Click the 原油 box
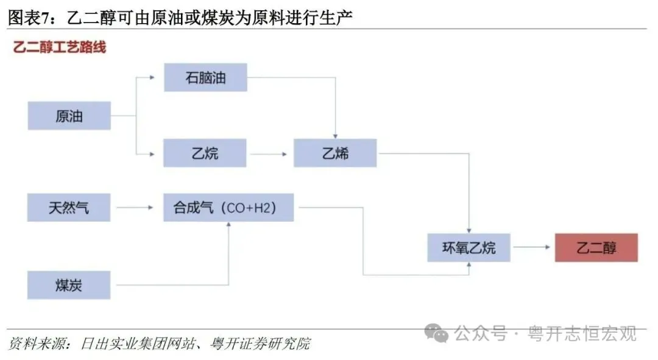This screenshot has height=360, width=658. click(x=69, y=116)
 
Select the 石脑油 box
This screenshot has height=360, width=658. click(x=205, y=77)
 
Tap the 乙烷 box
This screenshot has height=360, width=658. click(x=205, y=153)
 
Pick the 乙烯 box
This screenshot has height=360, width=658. click(x=335, y=153)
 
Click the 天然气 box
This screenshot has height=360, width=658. click(x=69, y=208)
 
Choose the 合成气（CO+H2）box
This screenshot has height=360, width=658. click(x=228, y=208)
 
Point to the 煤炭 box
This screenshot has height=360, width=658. click(x=69, y=285)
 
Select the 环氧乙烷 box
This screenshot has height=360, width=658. click(x=469, y=247)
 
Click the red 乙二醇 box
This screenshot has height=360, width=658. click(x=596, y=247)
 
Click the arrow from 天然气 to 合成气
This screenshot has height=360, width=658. click(x=135, y=208)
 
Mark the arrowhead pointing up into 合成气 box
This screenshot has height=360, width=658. click(x=228, y=225)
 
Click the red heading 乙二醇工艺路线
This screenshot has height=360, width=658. click(x=60, y=47)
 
